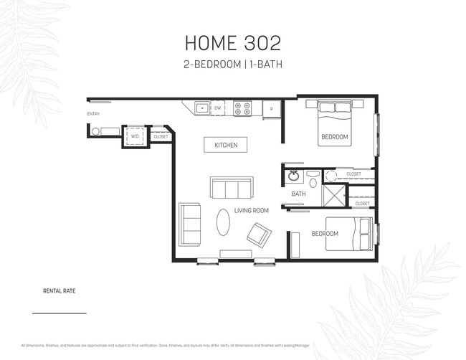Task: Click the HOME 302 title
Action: (x=232, y=43)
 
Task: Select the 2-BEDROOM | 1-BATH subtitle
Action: (x=232, y=65)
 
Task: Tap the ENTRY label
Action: (x=93, y=114)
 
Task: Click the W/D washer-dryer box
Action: (x=135, y=136)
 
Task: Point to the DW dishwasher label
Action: (x=218, y=108)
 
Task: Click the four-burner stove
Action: (x=242, y=108)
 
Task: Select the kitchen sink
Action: (x=201, y=108)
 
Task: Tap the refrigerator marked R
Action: (x=271, y=109)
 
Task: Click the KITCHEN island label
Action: (x=226, y=145)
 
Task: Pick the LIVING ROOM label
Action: (x=251, y=210)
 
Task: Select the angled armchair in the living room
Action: (x=259, y=234)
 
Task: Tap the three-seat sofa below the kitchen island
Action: (x=231, y=188)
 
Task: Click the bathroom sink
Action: (x=293, y=176)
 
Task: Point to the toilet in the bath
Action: (x=313, y=176)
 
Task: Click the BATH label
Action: (x=298, y=194)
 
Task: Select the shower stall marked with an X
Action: (x=334, y=195)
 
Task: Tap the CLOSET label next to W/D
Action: (x=161, y=136)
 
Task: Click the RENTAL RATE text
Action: (x=60, y=291)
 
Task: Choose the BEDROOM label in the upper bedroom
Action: (x=334, y=137)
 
